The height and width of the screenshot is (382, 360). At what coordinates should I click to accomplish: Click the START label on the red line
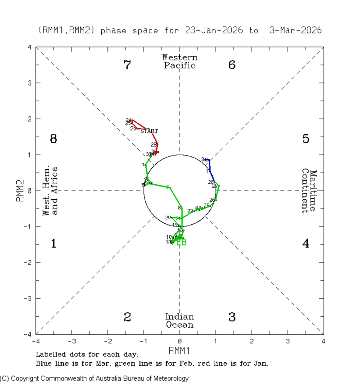[149, 131]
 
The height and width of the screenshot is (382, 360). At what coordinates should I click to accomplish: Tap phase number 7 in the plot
[127, 65]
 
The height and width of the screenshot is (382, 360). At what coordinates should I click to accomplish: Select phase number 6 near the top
[232, 65]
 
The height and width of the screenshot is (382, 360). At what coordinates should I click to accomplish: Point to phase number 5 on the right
[306, 139]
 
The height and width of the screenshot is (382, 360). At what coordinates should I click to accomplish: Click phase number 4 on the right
[306, 243]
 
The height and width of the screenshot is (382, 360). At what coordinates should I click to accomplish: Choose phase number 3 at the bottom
[232, 317]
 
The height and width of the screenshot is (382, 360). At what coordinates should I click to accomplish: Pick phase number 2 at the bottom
[127, 317]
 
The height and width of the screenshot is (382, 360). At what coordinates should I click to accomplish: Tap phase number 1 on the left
[53, 243]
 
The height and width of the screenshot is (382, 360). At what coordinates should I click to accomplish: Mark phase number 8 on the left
[53, 139]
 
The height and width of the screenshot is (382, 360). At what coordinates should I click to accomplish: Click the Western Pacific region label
[179, 61]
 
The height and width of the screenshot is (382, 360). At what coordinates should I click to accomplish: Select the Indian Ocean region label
[179, 321]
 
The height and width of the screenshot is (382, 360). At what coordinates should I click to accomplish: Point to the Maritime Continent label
[309, 191]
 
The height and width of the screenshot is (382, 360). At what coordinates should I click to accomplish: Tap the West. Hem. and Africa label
[50, 191]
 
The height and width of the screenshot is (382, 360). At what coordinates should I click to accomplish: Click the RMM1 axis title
[179, 350]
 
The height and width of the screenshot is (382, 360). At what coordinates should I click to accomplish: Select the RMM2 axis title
[20, 191]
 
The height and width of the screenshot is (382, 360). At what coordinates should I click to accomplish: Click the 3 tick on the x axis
[288, 341]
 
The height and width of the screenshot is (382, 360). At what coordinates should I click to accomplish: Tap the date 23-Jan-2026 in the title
[214, 31]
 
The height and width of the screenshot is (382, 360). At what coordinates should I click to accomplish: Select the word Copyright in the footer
[24, 378]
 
